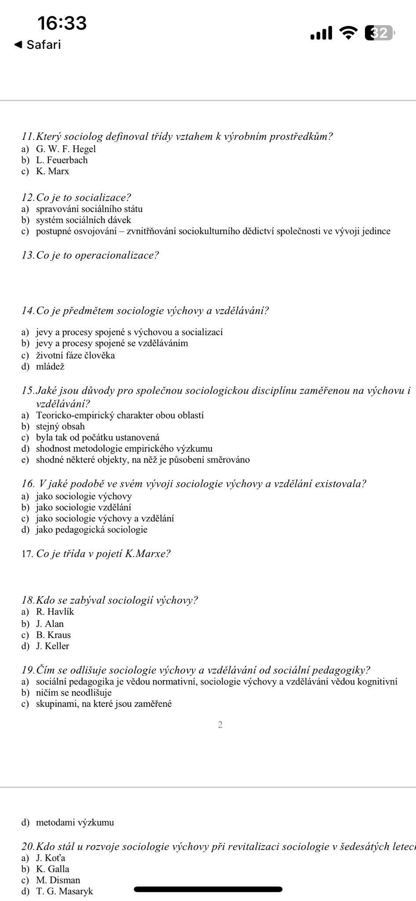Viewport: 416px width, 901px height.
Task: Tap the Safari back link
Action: pyautogui.click(x=38, y=44)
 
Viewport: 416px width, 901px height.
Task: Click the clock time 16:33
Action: pyautogui.click(x=62, y=23)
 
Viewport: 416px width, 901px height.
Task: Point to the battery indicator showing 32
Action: pyautogui.click(x=380, y=33)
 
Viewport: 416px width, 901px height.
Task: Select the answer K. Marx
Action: pyautogui.click(x=52, y=171)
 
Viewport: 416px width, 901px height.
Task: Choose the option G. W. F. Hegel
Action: pyautogui.click(x=66, y=149)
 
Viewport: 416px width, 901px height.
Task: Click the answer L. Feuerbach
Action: pyautogui.click(x=62, y=160)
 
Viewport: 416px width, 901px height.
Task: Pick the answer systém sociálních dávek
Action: pyautogui.click(x=83, y=220)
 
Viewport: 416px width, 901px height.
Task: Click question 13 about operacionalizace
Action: pyautogui.click(x=90, y=255)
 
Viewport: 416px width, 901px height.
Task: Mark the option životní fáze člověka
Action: pyautogui.click(x=75, y=355)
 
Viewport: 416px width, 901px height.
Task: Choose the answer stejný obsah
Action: pyautogui.click(x=60, y=426)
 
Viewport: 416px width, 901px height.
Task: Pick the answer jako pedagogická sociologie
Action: pyautogui.click(x=91, y=529)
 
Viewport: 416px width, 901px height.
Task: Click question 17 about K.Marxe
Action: pyautogui.click(x=96, y=553)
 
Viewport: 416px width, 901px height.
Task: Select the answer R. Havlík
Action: pyautogui.click(x=55, y=612)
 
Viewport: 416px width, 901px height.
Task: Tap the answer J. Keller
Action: pyautogui.click(x=52, y=646)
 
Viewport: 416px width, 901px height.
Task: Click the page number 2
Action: pyautogui.click(x=220, y=725)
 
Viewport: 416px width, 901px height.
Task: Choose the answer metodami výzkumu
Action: pyautogui.click(x=75, y=822)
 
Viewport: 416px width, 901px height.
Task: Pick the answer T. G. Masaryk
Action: pyautogui.click(x=64, y=891)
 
